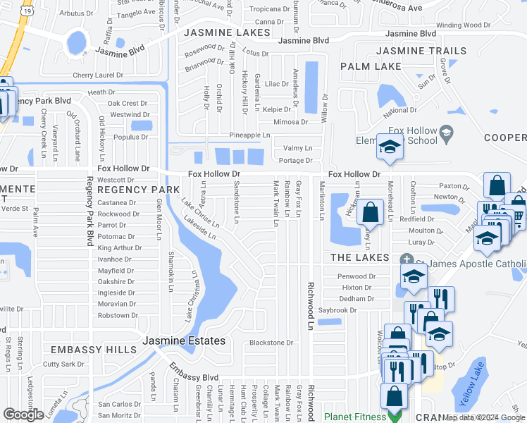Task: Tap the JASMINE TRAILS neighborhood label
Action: coord(421,51)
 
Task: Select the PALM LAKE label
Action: coord(371,66)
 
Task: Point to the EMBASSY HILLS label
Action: coord(93,350)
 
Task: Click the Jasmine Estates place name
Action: coord(184,341)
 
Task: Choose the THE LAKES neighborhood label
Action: coord(361,257)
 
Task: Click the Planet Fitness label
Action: coord(355,417)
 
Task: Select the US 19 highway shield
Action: coord(25,11)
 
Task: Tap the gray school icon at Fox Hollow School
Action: coord(445,131)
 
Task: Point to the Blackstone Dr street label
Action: coord(271,343)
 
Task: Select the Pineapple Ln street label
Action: coord(250,135)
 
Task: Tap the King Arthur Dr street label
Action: coord(120,248)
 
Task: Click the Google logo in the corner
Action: coord(23,415)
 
